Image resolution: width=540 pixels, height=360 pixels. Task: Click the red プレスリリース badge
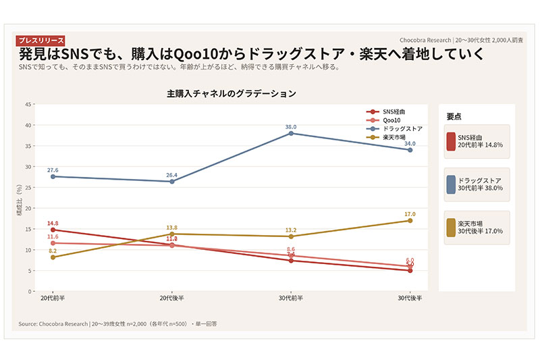(x=40, y=41)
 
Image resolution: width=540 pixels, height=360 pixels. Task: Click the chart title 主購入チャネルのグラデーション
(x=232, y=94)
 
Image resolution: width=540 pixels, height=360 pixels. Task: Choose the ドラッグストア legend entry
(x=398, y=128)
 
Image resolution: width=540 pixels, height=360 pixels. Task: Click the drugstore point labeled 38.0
(x=291, y=133)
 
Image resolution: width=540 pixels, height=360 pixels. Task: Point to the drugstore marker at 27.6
(x=53, y=176)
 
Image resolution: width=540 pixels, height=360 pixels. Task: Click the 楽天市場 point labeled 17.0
(x=410, y=221)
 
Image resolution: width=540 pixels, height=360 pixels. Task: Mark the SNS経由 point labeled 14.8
(x=53, y=230)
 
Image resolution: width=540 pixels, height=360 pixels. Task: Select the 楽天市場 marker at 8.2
(x=53, y=257)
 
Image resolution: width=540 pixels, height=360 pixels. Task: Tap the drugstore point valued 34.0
(x=410, y=150)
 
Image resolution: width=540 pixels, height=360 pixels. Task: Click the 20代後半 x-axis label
(x=171, y=299)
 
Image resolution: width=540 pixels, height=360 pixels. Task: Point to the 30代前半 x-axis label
(x=291, y=299)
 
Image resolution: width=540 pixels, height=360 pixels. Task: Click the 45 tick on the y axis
(x=28, y=104)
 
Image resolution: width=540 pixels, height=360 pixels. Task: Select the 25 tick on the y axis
(x=28, y=187)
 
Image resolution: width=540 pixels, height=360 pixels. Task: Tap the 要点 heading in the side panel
(x=454, y=116)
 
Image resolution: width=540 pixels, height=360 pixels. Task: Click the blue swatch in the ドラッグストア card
(x=451, y=184)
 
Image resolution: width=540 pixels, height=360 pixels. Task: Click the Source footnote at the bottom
(x=118, y=324)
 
